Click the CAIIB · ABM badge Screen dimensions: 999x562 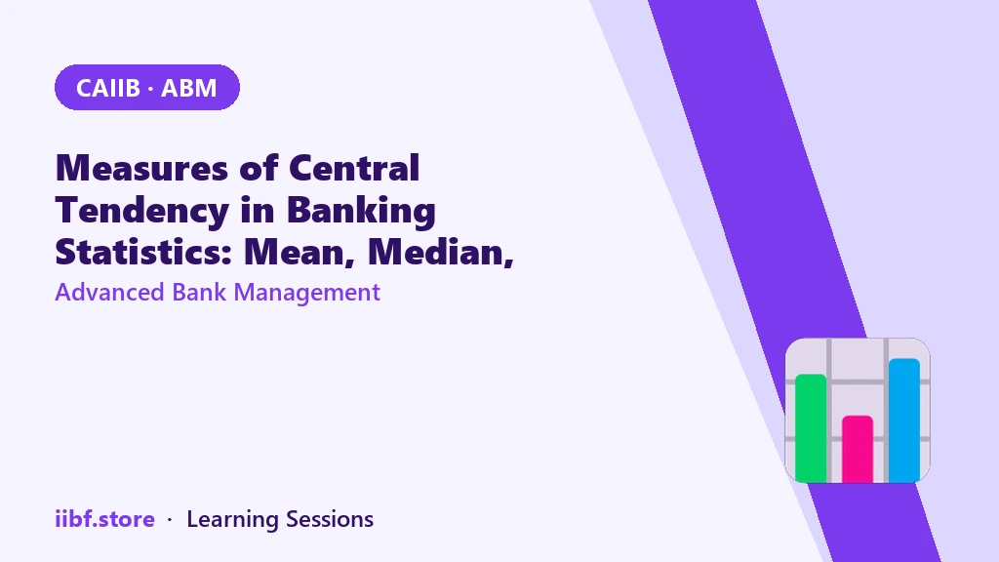point(147,87)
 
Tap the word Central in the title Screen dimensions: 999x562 point(354,168)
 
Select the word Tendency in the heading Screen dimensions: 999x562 point(142,211)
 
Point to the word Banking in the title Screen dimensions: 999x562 point(361,211)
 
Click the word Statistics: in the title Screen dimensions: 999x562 point(143,252)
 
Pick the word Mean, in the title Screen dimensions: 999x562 point(300,253)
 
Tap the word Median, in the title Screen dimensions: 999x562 point(441,253)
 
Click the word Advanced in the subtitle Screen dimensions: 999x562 point(109,293)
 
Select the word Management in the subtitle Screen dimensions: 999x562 point(307,293)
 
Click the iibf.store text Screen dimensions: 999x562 point(105,519)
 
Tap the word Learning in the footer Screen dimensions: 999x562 point(232,520)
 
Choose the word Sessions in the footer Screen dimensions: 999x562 point(330,519)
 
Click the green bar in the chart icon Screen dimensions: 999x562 point(811,428)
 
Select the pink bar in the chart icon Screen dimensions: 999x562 point(858,449)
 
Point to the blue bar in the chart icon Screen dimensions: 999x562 point(904,421)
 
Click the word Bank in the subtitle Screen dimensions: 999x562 point(199,293)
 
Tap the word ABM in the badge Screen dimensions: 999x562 point(189,88)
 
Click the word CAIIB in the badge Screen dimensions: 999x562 point(108,88)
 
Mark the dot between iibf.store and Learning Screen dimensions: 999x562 point(170,520)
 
